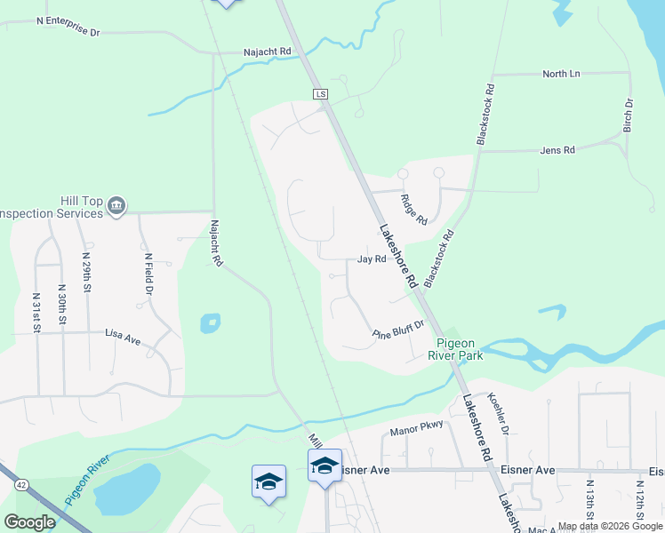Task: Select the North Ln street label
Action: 561,74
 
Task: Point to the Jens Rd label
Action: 557,150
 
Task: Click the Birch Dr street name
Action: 629,115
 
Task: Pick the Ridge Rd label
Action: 414,209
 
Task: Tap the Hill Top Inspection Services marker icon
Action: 116,207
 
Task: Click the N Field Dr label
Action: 148,274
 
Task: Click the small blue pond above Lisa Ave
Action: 210,322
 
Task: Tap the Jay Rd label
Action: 372,259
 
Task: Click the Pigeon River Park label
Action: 459,349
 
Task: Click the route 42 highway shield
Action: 20,483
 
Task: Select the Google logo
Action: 29,521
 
